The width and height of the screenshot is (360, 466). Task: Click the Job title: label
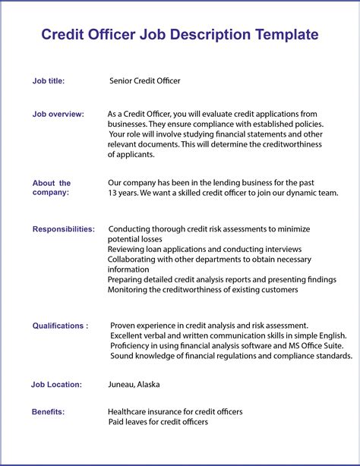pyautogui.click(x=49, y=80)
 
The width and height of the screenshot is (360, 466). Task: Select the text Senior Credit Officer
pyautogui.click(x=145, y=80)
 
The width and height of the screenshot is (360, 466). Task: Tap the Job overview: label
pyautogui.click(x=58, y=114)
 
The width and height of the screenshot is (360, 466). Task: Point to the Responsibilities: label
pyautogui.click(x=64, y=228)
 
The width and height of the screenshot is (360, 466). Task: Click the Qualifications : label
pyautogui.click(x=60, y=326)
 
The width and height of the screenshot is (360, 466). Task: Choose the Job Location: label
pyautogui.click(x=56, y=384)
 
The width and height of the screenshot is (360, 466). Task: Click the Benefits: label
pyautogui.click(x=48, y=411)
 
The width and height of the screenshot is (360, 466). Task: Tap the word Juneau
pyautogui.click(x=123, y=384)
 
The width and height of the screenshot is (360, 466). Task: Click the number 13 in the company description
pyautogui.click(x=112, y=193)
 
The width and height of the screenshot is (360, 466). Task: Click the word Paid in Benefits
pyautogui.click(x=116, y=421)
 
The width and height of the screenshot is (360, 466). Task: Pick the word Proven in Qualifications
pyautogui.click(x=125, y=326)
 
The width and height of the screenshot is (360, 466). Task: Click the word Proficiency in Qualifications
pyautogui.click(x=133, y=345)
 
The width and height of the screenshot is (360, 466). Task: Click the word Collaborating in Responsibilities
pyautogui.click(x=134, y=259)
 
